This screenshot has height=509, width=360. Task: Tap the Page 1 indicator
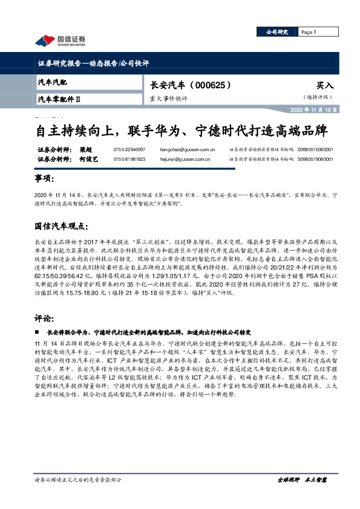tap(309, 32)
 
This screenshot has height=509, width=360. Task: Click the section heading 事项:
tap(44, 180)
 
